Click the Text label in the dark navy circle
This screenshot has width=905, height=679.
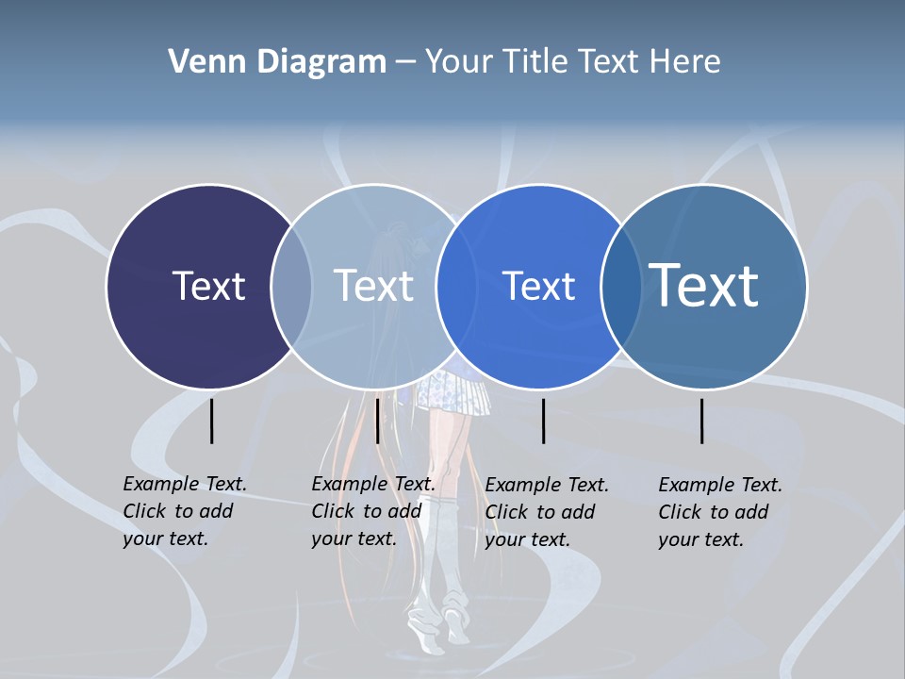coord(208,286)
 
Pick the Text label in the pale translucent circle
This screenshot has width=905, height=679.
coord(373,286)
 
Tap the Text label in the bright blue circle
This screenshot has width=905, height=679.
coord(538,286)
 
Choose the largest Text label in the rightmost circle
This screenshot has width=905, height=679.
coord(704,285)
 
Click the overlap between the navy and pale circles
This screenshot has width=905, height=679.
coord(291,287)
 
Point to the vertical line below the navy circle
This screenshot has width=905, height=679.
coord(212,421)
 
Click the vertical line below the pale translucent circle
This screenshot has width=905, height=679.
coord(377,421)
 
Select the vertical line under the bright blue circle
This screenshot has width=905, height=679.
coord(543,421)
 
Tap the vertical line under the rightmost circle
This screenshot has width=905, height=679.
coord(702,421)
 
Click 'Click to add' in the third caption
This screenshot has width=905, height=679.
coord(539,512)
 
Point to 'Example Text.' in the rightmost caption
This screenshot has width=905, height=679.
coord(720,485)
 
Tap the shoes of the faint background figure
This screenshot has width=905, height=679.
coord(438,627)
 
